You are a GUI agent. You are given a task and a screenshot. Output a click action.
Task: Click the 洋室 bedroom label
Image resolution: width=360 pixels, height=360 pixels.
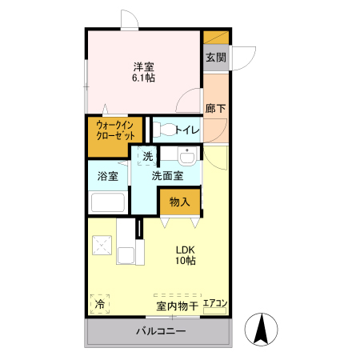click(143, 66)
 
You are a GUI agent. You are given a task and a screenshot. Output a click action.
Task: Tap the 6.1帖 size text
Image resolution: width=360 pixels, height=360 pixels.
click(143, 78)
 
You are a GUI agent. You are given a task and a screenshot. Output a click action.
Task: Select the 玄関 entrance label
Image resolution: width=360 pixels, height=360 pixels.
click(214, 58)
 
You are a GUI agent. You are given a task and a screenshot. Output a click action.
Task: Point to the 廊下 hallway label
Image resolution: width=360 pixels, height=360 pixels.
click(214, 108)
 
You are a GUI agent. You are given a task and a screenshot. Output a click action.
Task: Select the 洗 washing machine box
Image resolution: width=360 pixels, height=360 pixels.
click(146, 157)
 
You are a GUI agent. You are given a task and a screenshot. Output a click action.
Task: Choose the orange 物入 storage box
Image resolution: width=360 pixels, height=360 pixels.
click(179, 202)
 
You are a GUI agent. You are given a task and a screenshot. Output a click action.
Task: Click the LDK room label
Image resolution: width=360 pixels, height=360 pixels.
click(186, 249)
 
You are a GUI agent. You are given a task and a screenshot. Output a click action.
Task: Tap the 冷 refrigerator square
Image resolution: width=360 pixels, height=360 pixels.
click(100, 305)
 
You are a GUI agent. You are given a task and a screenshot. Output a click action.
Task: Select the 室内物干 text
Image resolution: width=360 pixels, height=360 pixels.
click(177, 306)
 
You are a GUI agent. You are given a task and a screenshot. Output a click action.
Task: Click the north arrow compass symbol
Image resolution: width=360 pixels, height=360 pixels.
click(262, 329)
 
